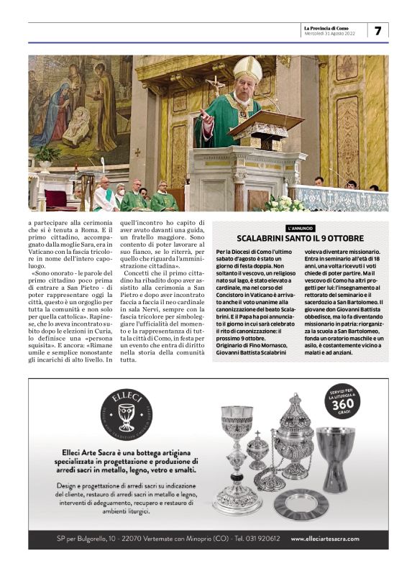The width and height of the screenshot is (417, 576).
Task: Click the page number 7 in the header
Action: (377, 31)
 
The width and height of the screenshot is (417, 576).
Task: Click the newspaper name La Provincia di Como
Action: (329, 27)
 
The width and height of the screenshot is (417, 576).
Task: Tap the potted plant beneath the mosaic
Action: (47, 152)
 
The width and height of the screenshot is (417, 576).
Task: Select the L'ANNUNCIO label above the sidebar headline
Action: (301, 228)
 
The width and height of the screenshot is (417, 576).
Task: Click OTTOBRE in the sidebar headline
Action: (344, 239)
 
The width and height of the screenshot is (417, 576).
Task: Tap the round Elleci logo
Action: (126, 414)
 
